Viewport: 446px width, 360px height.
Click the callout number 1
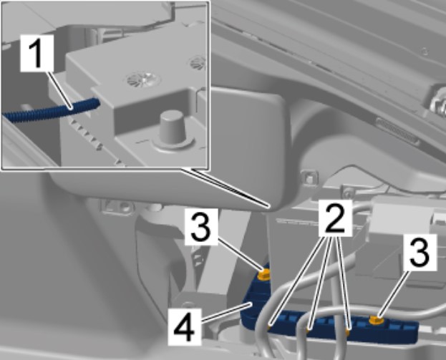pos(37,53)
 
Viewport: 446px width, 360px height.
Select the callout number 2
pos(335,218)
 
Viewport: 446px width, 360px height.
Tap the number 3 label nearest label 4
pos(201,227)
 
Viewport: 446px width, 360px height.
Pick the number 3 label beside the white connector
pos(420,253)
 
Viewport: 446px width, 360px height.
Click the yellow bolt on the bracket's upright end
pos(263,275)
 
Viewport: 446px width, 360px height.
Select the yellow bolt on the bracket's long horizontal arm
pos(377,321)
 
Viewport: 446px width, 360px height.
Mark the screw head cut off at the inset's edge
pos(198,62)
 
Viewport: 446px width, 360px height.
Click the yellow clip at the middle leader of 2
pos(309,330)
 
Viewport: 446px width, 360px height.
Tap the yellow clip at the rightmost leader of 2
pos(348,331)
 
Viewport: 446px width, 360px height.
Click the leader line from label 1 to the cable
pos(59,90)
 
